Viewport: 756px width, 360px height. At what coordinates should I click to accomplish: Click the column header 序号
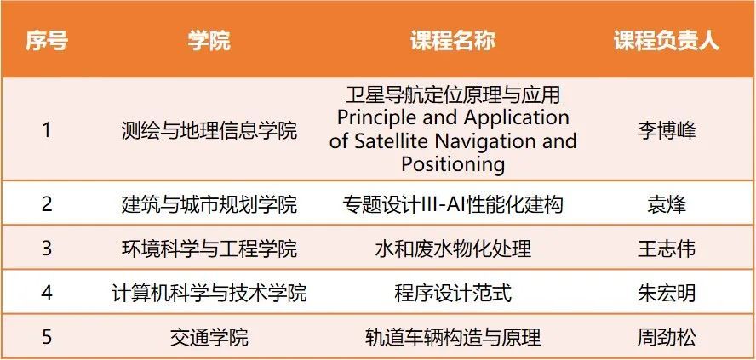[46, 42]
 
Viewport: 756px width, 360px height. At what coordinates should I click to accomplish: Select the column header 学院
[209, 42]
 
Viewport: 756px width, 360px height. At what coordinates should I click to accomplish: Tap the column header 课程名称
[453, 42]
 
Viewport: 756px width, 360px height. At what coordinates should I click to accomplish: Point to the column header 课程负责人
[667, 42]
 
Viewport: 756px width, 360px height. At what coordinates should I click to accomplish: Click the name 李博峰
[667, 130]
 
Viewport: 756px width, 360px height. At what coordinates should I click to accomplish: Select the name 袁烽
[667, 205]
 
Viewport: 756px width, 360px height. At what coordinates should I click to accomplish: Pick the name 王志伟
[667, 249]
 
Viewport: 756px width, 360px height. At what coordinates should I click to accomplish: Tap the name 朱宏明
[667, 293]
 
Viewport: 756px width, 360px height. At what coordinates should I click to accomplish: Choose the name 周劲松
[667, 337]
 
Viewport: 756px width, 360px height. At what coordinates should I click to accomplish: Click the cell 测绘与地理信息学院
[209, 130]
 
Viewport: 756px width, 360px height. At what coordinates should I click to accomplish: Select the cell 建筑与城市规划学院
[209, 205]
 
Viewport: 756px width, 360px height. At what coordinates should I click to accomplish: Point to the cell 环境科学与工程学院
[209, 249]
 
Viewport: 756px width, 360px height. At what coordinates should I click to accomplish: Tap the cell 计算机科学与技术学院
[209, 293]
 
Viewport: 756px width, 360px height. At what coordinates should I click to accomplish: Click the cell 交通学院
[209, 337]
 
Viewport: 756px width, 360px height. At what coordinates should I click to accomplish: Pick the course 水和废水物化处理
[453, 249]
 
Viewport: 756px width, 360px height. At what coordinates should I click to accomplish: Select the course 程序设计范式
[453, 293]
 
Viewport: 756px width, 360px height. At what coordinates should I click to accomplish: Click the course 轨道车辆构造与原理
[453, 337]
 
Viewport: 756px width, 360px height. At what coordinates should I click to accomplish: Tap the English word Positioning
[453, 165]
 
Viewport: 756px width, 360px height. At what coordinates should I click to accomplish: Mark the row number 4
[46, 293]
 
